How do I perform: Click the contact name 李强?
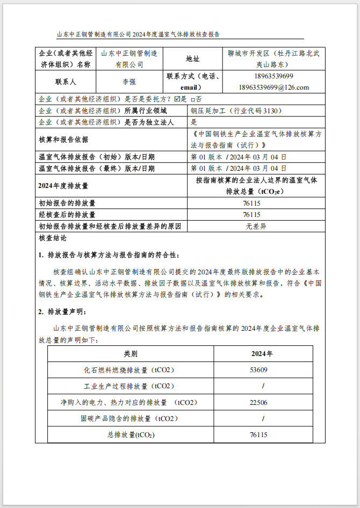point(129,82)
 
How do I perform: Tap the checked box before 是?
point(177,99)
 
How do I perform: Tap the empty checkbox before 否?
point(193,99)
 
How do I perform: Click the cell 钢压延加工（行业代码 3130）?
point(236,111)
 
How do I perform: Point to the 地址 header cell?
point(192,59)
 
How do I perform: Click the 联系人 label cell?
point(66,82)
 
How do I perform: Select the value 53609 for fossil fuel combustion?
point(258,370)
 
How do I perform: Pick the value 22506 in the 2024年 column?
point(258,402)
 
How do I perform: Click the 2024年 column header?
point(262,354)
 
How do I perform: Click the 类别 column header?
point(131,354)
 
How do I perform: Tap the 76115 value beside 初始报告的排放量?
point(256,204)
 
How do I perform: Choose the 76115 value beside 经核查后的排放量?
point(256,215)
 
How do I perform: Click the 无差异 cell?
point(256,226)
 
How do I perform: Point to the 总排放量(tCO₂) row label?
point(131,434)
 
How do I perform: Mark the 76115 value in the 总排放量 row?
point(258,434)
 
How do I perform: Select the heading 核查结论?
point(53,238)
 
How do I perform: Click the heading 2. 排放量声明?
point(62,312)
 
